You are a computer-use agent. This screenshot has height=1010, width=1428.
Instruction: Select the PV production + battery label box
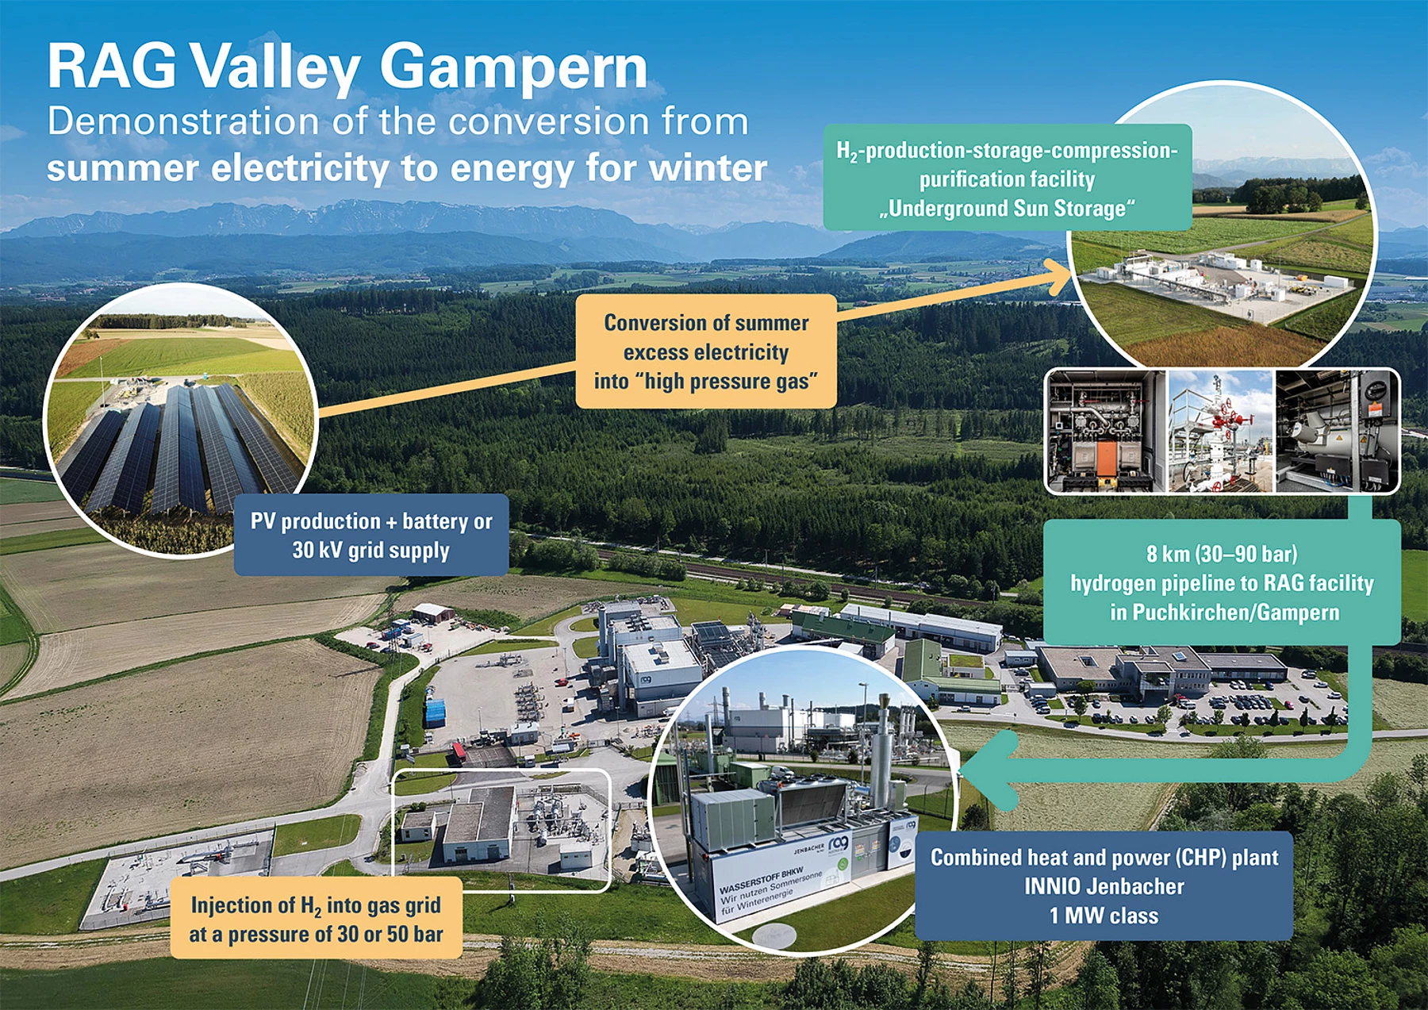tap(371, 535)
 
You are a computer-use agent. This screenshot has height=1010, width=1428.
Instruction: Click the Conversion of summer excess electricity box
tap(706, 351)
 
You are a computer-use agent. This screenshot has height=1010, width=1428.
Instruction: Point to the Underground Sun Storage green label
tap(1008, 178)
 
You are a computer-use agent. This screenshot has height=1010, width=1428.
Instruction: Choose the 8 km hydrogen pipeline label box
tap(1222, 582)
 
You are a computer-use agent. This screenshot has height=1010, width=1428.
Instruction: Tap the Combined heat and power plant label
tap(1104, 886)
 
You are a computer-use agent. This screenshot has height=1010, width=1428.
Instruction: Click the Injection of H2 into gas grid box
tap(316, 919)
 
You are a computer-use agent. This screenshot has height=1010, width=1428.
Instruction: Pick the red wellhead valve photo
tap(1221, 432)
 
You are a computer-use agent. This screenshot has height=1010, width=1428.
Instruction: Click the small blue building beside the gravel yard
tap(436, 712)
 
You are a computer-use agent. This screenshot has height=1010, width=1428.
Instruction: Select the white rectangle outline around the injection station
tap(502, 770)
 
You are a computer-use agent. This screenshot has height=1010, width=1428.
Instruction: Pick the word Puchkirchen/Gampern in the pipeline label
tap(1236, 613)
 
